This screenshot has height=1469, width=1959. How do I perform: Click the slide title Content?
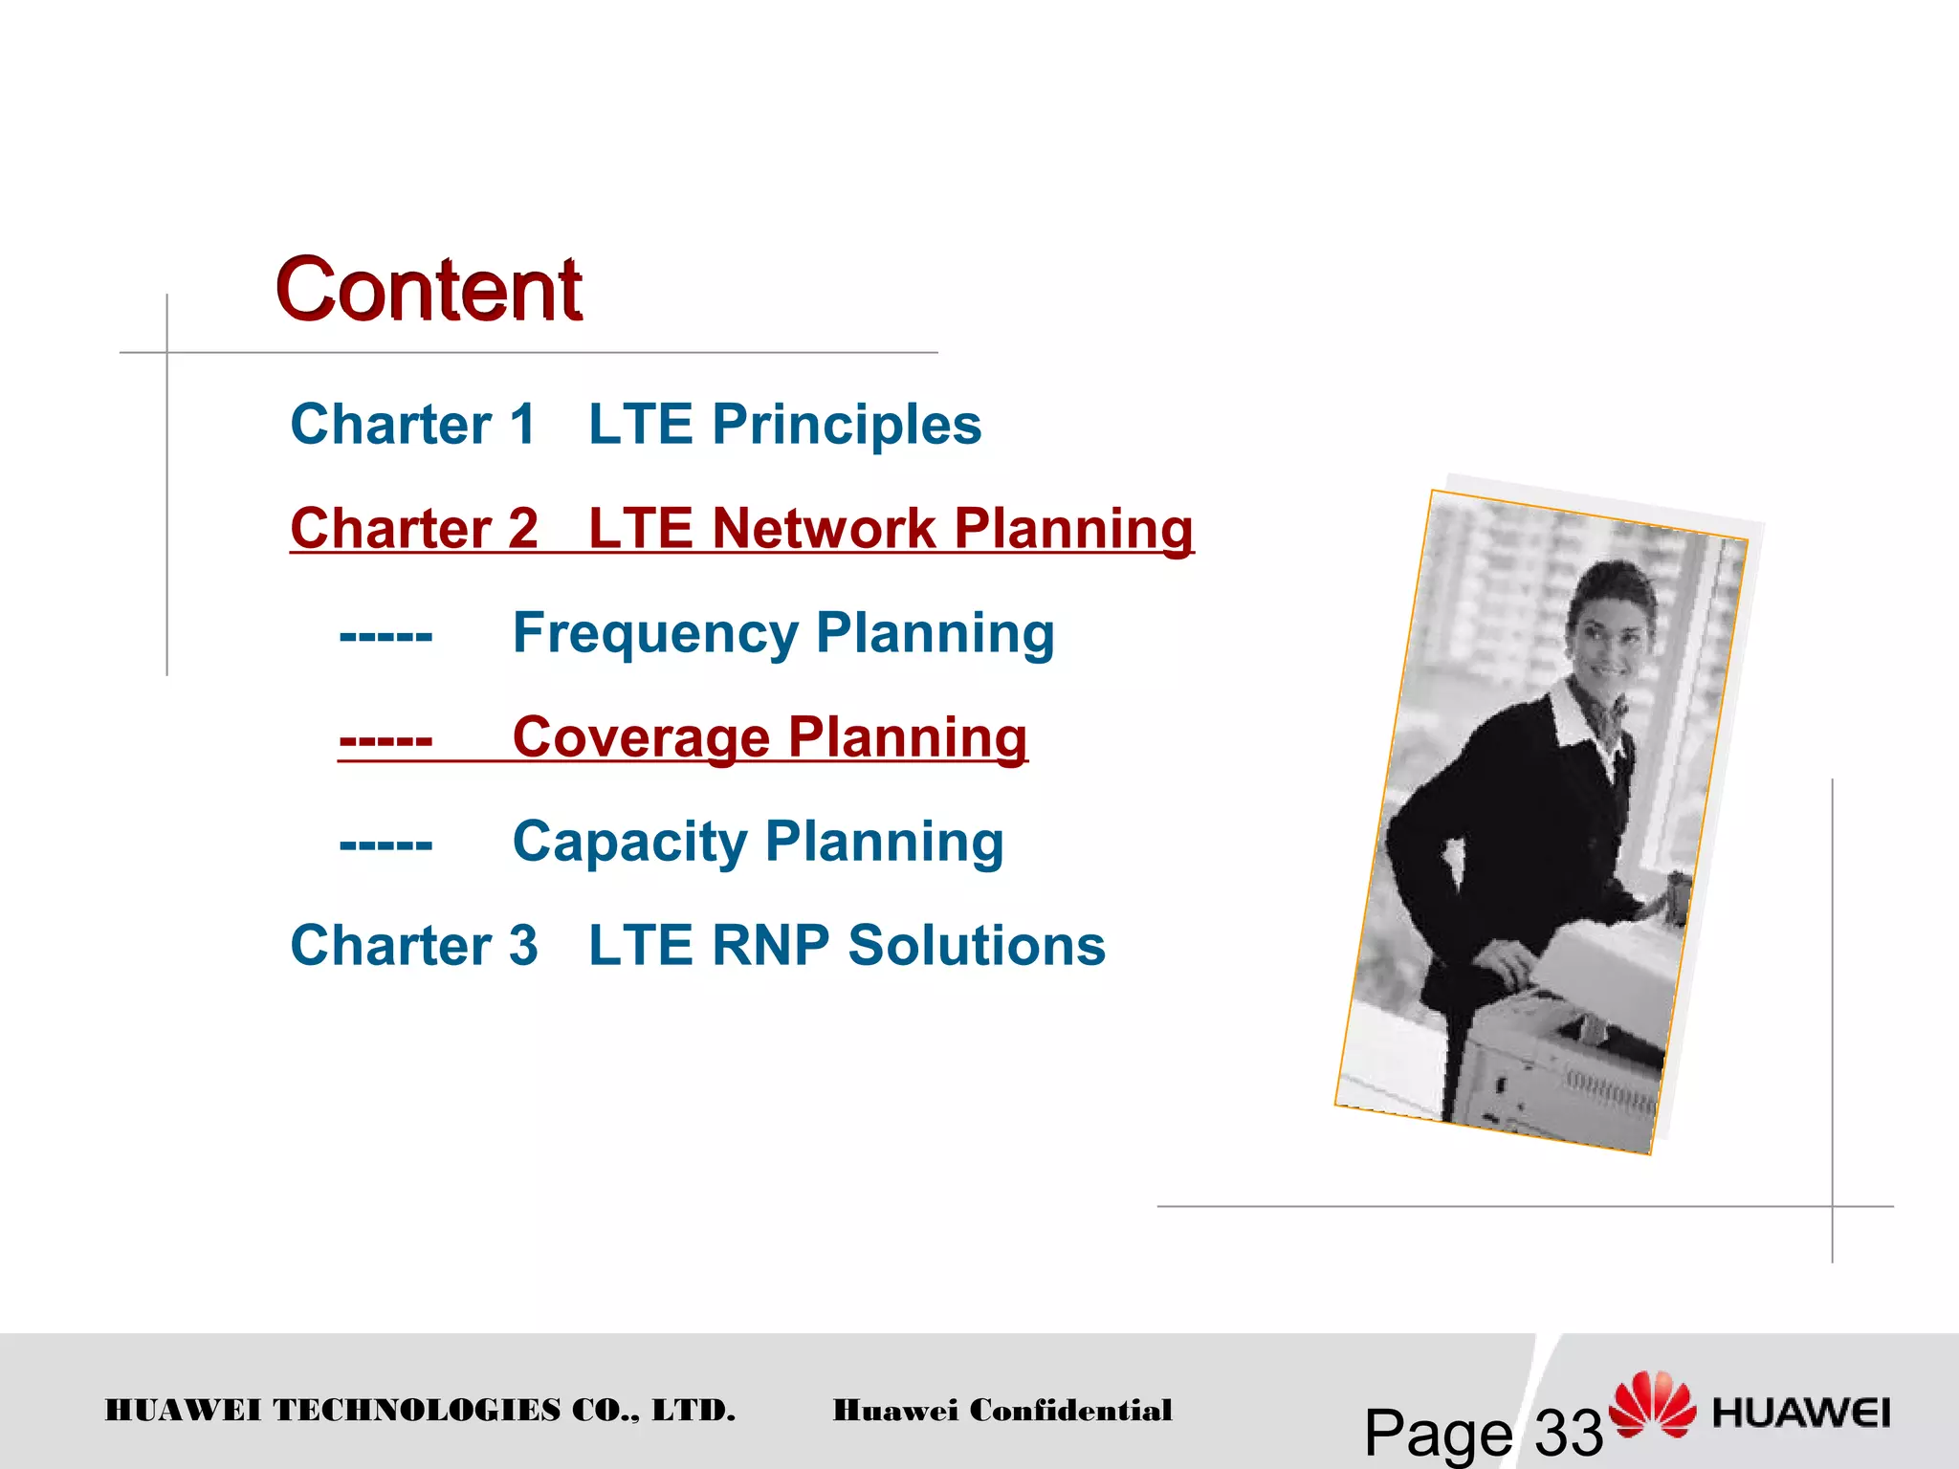429,290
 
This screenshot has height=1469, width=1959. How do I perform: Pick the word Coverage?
641,737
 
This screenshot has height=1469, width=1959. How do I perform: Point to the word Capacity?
629,842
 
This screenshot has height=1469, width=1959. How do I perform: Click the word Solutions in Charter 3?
977,946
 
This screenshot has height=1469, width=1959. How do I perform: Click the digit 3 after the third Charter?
523,946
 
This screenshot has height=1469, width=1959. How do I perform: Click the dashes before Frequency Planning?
385,635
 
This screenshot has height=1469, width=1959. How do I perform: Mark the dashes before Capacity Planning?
385,844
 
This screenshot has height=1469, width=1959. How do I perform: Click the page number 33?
1569,1433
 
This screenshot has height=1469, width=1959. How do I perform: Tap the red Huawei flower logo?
1652,1404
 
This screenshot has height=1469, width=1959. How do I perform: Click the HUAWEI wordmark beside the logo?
1801,1413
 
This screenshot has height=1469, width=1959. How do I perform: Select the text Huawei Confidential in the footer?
1002,1410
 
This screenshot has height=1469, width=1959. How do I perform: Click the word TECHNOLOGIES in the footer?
417,1410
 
